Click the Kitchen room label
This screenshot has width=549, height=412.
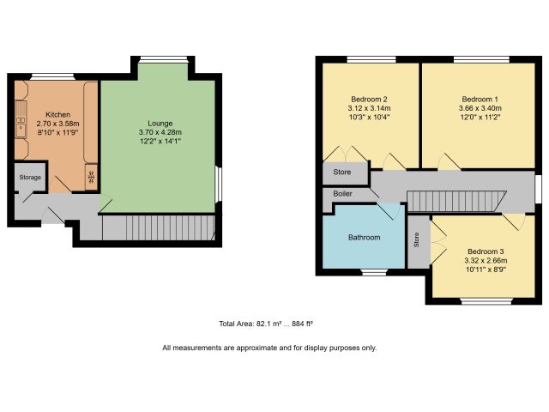coord(57,114)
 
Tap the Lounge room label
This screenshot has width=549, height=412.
coord(160,124)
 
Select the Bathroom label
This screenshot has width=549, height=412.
coord(364,237)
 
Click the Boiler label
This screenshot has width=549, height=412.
coord(342,193)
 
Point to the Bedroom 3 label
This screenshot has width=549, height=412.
coord(486,251)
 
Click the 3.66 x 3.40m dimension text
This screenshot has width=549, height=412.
coord(480,108)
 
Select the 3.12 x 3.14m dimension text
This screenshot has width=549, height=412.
coord(369,108)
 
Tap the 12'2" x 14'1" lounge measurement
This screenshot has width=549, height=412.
coord(160,141)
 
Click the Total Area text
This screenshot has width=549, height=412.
coord(266,324)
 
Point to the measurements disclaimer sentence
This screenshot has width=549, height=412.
coord(269,348)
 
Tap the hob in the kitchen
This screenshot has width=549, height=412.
coord(91,178)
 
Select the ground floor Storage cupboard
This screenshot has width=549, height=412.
coord(30,177)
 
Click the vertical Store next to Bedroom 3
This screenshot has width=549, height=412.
coord(419,242)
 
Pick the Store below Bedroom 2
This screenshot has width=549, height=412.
coord(345,173)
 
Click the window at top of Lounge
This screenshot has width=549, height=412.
coord(163,59)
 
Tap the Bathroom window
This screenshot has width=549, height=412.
coord(374,272)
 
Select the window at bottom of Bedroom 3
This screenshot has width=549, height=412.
coord(486,300)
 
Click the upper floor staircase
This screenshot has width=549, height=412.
coord(456,201)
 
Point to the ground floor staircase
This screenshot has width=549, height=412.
coord(158,227)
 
